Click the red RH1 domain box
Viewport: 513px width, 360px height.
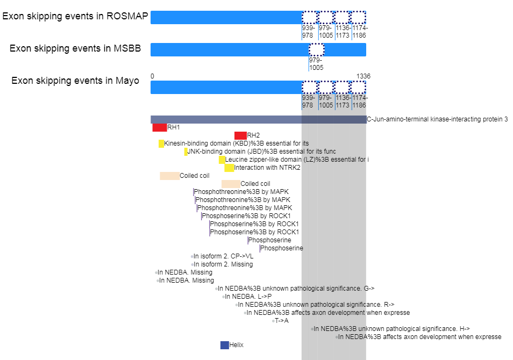coord(160,127)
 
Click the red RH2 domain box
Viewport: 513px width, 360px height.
coord(240,135)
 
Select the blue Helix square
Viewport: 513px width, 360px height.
coord(225,345)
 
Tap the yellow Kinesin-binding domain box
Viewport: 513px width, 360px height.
coord(161,143)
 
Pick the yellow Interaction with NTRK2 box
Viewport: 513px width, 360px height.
coord(229,168)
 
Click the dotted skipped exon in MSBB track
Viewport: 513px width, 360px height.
coord(316,49)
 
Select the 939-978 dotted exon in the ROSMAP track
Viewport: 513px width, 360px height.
coord(310,17)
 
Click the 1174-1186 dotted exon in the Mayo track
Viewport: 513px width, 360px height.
coord(358,87)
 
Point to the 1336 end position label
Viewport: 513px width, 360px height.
coord(364,76)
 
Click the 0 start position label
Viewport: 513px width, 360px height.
coord(153,76)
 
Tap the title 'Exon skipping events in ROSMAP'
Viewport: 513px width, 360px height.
coord(75,16)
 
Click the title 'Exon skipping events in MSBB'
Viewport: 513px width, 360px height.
coord(75,48)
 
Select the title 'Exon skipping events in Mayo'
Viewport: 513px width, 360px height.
coord(75,81)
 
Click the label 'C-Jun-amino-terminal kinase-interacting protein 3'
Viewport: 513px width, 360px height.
coord(437,119)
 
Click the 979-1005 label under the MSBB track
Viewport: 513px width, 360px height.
coord(316,64)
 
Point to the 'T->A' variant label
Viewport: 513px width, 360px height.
coord(282,321)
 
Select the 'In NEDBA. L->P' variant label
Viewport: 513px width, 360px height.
coord(248,297)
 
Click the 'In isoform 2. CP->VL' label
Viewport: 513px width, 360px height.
coord(224,256)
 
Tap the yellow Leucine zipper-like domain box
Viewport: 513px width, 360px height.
coord(222,160)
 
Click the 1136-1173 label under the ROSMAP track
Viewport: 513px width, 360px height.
coord(343,31)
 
